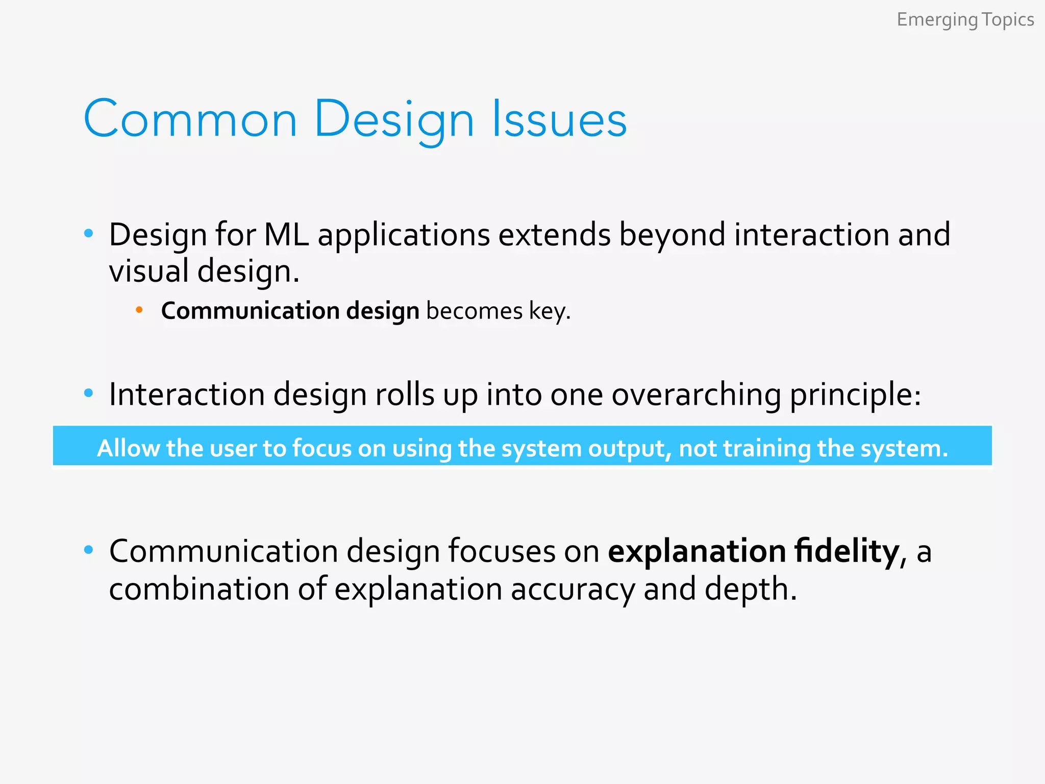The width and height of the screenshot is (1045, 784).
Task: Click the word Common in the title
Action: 190,119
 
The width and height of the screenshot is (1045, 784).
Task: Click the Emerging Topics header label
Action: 965,20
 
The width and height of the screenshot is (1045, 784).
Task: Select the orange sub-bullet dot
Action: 139,310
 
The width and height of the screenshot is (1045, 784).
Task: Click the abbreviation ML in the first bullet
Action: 286,235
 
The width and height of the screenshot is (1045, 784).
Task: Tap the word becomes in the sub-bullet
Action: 474,311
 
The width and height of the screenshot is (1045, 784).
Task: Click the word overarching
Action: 696,395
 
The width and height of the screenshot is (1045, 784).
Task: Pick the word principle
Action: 855,395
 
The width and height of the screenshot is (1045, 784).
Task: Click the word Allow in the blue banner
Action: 128,448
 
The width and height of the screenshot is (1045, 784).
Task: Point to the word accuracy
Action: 573,589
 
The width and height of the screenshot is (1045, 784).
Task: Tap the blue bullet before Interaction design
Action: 89,393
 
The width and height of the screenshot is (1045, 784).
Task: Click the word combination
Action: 199,589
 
